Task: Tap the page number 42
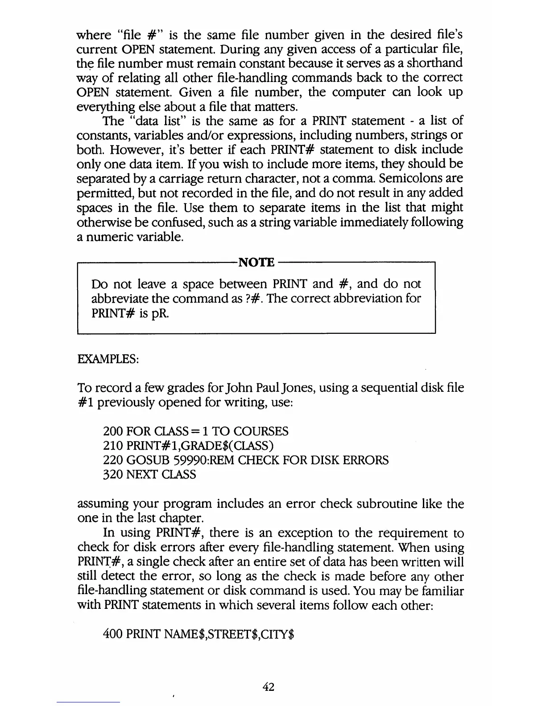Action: [x=268, y=687]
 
